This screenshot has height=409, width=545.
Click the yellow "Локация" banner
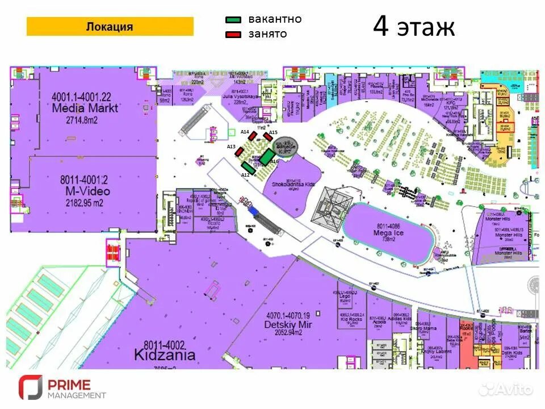[x=110, y=27]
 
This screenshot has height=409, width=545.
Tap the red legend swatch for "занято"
[x=233, y=35]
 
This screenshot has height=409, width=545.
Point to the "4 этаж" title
[x=414, y=27]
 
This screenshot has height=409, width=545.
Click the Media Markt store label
[x=85, y=108]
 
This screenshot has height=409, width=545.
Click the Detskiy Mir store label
[x=288, y=324]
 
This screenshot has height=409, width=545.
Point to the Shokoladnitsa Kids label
[x=293, y=185]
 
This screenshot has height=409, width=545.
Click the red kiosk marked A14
[x=253, y=136]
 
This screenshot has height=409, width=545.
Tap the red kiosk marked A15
[x=268, y=137]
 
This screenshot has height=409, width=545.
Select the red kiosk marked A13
[x=240, y=152]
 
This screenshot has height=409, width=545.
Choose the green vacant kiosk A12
[x=248, y=168]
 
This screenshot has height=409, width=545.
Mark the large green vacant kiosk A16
[x=267, y=157]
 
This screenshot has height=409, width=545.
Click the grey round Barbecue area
[x=286, y=146]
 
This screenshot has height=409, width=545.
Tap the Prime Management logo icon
[x=30, y=387]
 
